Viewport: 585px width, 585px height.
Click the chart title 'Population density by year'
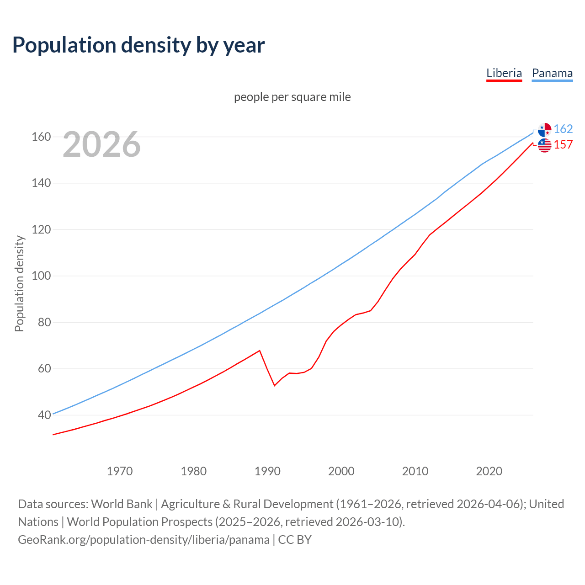(138, 45)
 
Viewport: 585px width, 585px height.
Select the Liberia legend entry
(504, 73)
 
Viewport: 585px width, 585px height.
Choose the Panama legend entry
(552, 73)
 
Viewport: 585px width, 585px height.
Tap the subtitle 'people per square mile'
(292, 97)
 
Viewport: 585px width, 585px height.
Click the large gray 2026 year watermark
(101, 144)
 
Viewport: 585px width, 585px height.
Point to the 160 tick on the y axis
(41, 137)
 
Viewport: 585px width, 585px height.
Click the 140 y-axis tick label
(41, 183)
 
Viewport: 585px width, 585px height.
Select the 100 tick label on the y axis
(41, 276)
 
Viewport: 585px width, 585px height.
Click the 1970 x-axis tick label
(120, 471)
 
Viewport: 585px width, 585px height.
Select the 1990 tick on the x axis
(267, 471)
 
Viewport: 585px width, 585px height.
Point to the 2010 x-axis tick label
(415, 471)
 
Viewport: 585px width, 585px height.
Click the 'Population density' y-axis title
(19, 283)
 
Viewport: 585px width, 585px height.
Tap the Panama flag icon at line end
(544, 130)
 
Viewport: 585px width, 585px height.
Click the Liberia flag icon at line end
(544, 145)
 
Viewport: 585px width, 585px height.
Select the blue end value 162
(563, 129)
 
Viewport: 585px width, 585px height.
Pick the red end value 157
(563, 144)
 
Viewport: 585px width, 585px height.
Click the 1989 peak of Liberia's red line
(260, 351)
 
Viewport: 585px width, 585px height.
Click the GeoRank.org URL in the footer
(144, 539)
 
